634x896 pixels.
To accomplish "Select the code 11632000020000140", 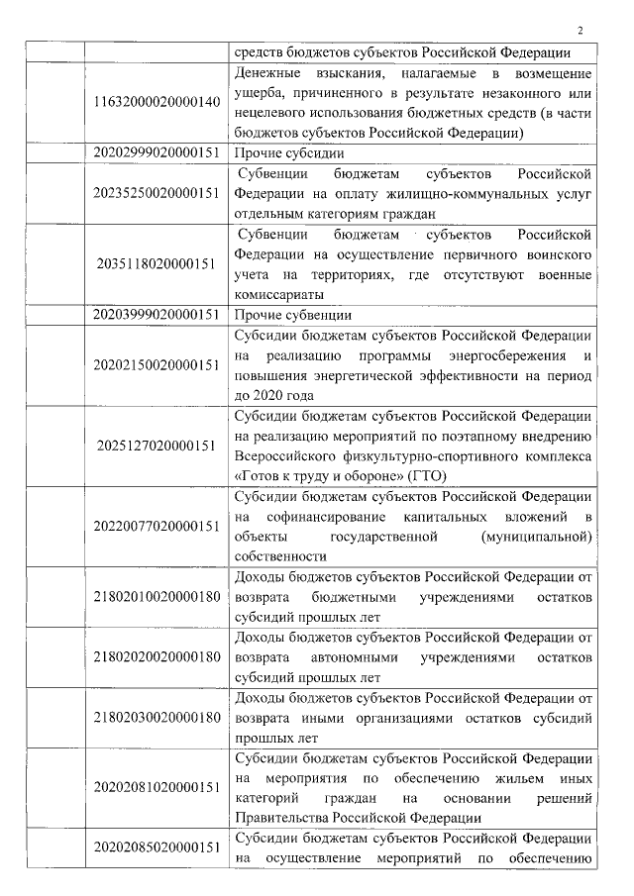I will point(157,103).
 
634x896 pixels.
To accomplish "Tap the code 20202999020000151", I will point(157,153).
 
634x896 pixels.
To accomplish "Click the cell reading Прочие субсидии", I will point(288,153).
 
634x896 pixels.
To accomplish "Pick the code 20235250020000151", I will point(157,194).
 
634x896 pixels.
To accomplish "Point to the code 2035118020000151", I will point(157,264).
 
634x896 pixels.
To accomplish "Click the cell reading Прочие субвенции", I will point(292,315).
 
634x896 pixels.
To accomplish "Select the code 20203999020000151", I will point(157,315).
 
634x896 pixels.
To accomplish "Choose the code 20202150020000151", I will point(157,365).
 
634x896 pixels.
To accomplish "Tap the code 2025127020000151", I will point(157,446).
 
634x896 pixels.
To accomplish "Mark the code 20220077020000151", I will point(157,526).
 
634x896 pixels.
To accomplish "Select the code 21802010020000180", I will point(157,597).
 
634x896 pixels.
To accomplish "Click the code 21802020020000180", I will point(157,657).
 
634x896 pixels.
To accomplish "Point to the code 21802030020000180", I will point(157,717).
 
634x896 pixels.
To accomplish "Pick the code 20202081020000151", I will point(157,787).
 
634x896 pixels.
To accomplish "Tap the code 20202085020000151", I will point(157,848).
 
